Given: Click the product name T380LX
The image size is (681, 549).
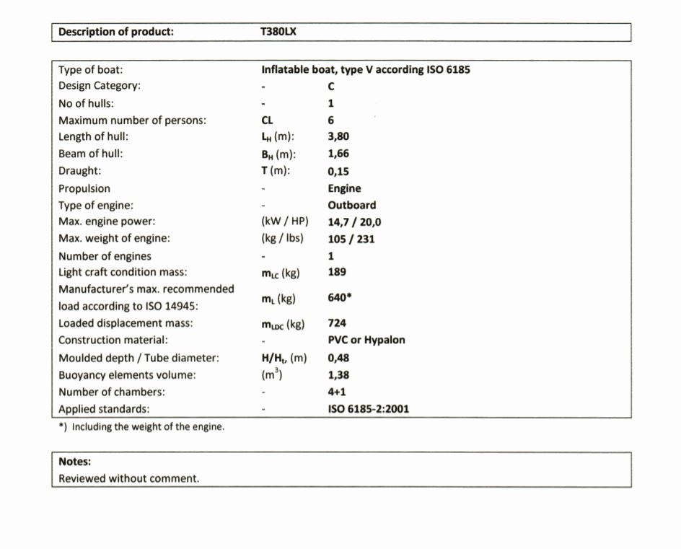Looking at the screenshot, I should pos(278,32).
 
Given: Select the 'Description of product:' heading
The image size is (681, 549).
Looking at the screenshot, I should pos(115,32).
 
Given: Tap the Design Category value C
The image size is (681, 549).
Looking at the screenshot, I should pos(331,87).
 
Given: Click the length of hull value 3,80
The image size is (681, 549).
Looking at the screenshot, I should pos(338,136).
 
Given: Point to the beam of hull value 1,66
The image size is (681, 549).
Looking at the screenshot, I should pos(338,154).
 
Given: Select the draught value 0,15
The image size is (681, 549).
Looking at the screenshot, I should pos(338,171).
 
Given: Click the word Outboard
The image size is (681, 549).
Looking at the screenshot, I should pos(351,205).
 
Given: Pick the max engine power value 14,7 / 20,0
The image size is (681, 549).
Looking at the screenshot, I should pos(354,222).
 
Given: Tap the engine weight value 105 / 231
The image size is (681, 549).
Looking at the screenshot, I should pos(351,239).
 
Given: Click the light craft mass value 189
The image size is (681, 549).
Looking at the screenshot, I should pos(337,272).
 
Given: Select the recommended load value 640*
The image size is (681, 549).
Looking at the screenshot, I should pos(340,297).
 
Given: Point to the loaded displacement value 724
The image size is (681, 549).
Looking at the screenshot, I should pos(337,323).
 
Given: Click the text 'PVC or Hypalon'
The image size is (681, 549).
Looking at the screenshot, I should pos(366,340).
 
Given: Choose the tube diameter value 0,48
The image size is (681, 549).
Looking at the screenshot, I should pos(338,358).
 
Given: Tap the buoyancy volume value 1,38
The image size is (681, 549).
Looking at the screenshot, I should pos(338,375).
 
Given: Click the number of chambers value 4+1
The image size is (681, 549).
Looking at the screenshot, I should pos(338,392).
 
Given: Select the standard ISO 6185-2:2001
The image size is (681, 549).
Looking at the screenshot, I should pos(368,409).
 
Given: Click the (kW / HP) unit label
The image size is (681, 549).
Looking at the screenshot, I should pos(284,222).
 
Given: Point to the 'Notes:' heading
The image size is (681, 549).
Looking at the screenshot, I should pos(74,462).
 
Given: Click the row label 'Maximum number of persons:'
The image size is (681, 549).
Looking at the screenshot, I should pos(132,120).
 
